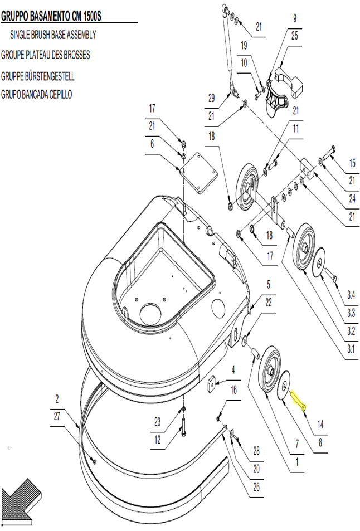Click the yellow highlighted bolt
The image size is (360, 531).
point(298,400)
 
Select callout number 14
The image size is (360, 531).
point(320,424)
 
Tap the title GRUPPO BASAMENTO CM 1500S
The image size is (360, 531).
point(51,16)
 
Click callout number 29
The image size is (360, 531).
point(211,98)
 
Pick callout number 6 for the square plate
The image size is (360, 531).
point(152,144)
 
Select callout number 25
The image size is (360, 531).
point(295,36)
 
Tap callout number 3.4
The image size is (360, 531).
point(351,295)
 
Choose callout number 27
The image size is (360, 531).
point(57,416)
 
